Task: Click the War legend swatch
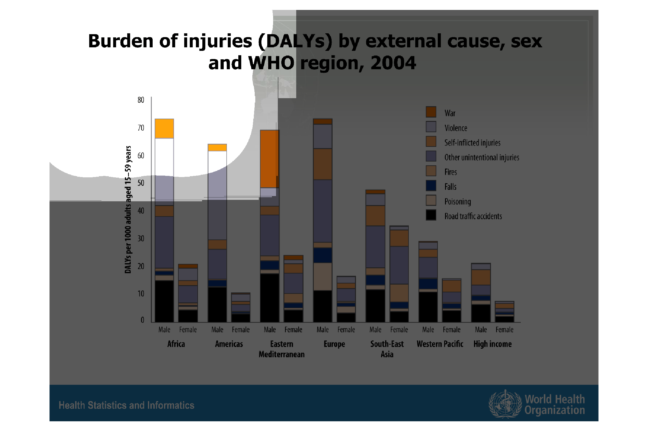[431, 112]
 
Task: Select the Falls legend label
[450, 187]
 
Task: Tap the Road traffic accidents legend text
[473, 216]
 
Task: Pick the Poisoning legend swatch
[431, 200]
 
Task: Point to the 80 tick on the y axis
[141, 100]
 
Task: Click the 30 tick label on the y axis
[141, 238]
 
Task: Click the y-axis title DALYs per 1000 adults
[128, 209]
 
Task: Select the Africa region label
[176, 344]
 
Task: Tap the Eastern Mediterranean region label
[282, 349]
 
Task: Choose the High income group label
[492, 344]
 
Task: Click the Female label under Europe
[346, 330]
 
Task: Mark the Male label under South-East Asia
[375, 330]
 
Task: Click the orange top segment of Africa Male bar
[164, 129]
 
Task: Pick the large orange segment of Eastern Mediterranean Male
[270, 159]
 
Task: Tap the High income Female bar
[504, 312]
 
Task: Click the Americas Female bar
[241, 307]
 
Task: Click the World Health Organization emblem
[505, 404]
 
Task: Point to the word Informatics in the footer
[171, 405]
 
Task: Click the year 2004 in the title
[393, 63]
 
